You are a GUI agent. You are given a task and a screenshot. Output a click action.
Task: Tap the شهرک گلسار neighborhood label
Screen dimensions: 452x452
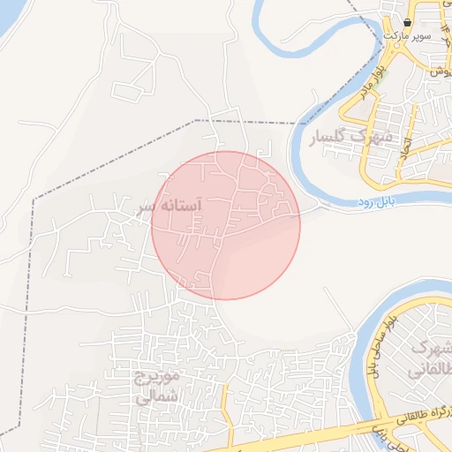(x=350, y=138)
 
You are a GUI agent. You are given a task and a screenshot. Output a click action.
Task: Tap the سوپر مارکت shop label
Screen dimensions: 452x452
(x=407, y=36)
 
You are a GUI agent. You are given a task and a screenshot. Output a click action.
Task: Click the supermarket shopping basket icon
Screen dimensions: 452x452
(x=407, y=22)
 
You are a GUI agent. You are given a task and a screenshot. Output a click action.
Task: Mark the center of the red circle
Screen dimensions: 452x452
(x=226, y=225)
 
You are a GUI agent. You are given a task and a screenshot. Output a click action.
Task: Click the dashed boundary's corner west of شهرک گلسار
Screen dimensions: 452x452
(x=195, y=120)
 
